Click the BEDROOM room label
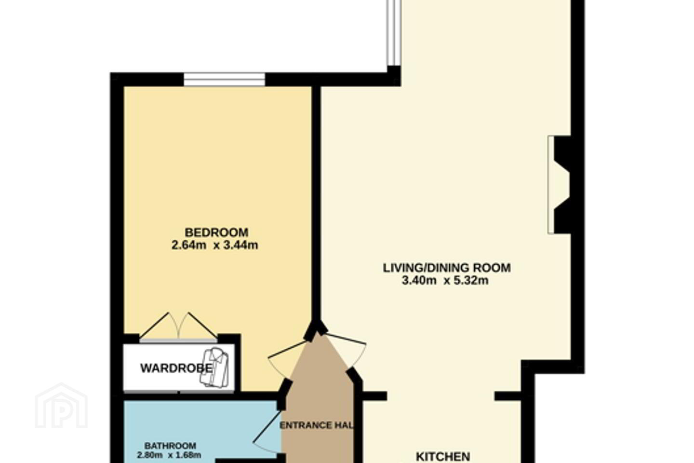pyautogui.click(x=216, y=232)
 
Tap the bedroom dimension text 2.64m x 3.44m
pyautogui.click(x=215, y=245)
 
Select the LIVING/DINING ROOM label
pyautogui.click(x=447, y=268)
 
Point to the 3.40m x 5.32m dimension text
pyautogui.click(x=445, y=281)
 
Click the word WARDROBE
pyautogui.click(x=176, y=368)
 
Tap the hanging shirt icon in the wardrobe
pyautogui.click(x=214, y=368)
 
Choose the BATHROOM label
pyautogui.click(x=170, y=446)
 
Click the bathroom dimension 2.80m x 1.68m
pyautogui.click(x=169, y=455)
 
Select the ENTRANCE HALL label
pyautogui.click(x=316, y=425)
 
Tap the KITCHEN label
pyautogui.click(x=443, y=456)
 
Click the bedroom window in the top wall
pyautogui.click(x=224, y=79)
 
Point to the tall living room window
pyautogui.click(x=394, y=33)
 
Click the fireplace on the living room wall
pyautogui.click(x=559, y=185)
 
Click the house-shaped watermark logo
pyautogui.click(x=61, y=406)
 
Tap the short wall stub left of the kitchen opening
pyautogui.click(x=374, y=396)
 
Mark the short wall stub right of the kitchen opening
pyautogui.click(x=508, y=396)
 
